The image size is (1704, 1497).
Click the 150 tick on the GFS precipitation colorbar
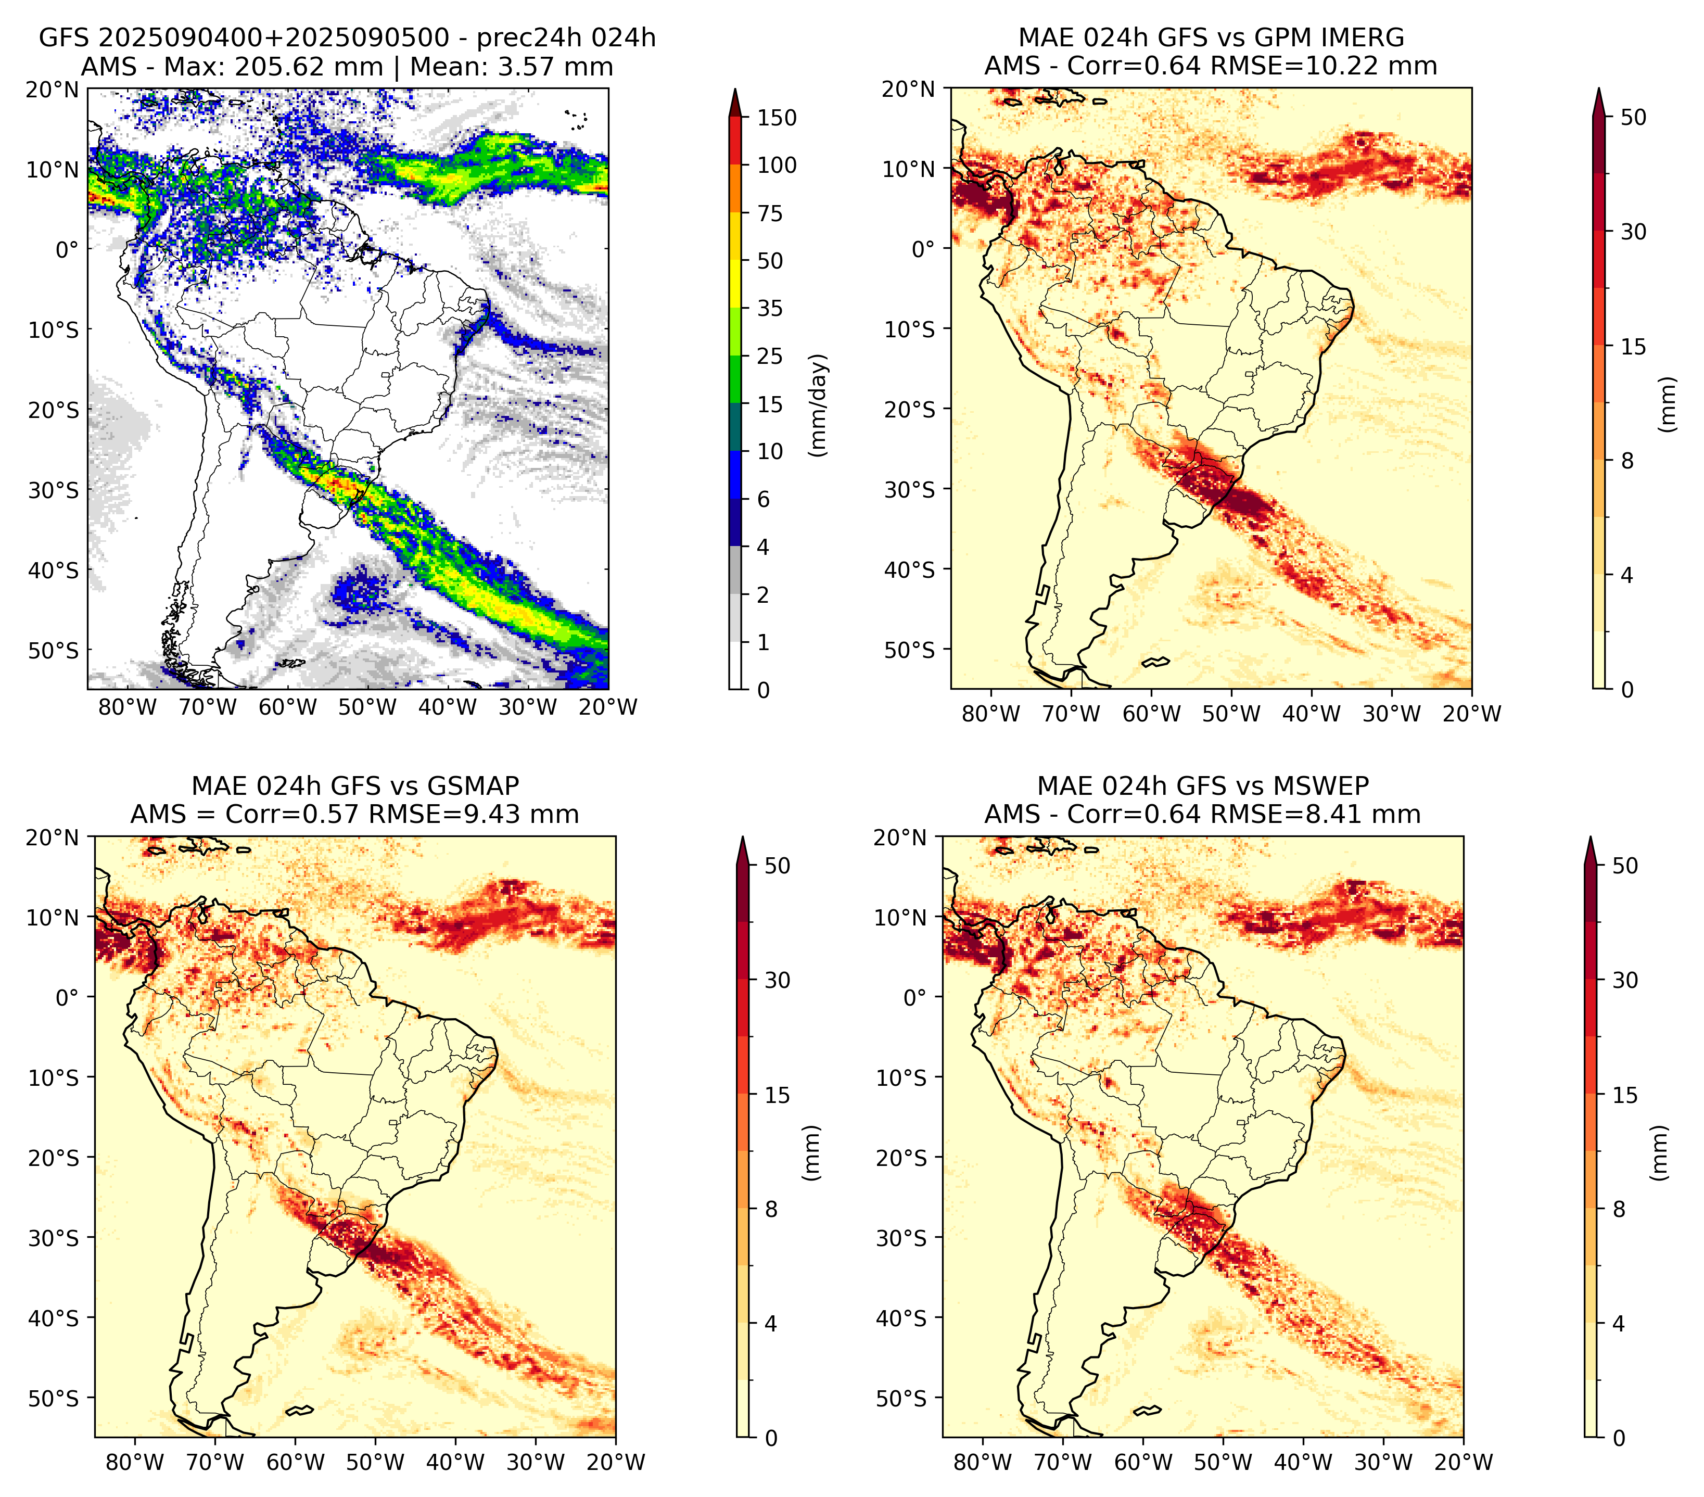776,118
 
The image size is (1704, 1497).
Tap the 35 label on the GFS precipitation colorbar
770,308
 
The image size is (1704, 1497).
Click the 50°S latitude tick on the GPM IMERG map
910,649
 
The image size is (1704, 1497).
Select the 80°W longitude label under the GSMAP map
135,1462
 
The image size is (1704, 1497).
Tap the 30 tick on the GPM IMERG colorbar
1633,232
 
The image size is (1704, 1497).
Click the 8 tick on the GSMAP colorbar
770,1210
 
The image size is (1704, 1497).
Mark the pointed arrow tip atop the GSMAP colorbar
742,837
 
